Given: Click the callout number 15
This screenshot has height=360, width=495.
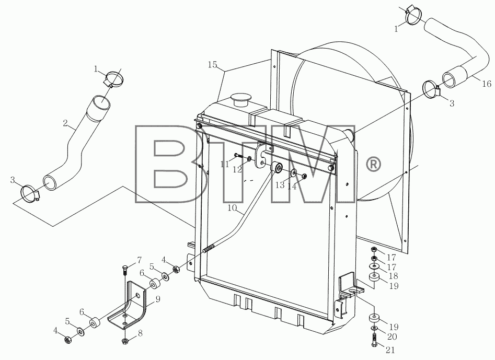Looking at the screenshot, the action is [212, 65].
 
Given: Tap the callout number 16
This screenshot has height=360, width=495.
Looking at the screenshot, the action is [487, 84].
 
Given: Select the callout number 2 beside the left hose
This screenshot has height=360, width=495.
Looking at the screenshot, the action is [65, 123].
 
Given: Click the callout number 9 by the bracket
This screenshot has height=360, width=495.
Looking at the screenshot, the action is [157, 299].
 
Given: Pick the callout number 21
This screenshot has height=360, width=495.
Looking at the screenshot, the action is [390, 350].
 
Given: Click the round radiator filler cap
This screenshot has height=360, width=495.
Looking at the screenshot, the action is [240, 99].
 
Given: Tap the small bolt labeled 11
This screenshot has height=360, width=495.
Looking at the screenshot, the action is [239, 156].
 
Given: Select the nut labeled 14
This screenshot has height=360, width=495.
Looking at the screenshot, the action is [305, 176].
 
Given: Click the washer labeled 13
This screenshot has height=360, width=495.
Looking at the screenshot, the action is [294, 172].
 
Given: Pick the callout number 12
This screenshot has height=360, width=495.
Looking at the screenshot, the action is [237, 170].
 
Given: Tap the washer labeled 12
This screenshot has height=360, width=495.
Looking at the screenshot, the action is [250, 158].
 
